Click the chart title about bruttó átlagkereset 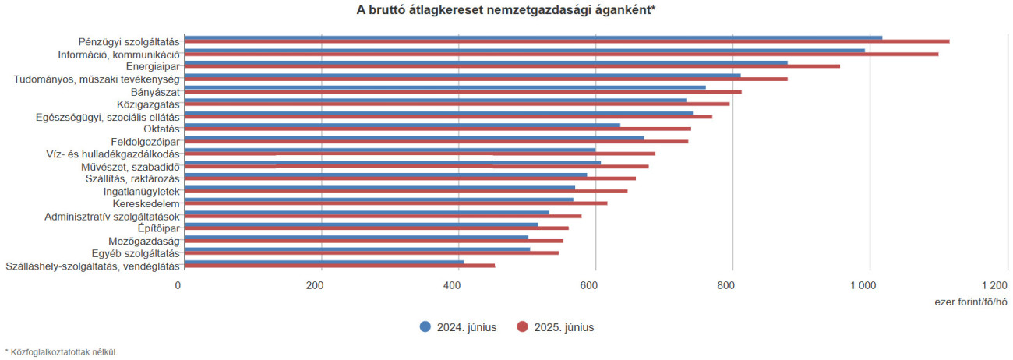506,10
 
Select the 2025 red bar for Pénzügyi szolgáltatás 567,41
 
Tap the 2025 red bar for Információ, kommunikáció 561,54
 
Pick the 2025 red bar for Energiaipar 512,66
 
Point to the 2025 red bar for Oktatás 437,129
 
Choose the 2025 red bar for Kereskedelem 395,203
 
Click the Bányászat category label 156,92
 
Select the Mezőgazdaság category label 144,241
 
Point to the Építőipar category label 159,228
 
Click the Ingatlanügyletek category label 142,191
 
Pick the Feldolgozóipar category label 146,141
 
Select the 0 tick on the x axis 178,285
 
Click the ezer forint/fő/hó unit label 971,302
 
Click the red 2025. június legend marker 522,327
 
